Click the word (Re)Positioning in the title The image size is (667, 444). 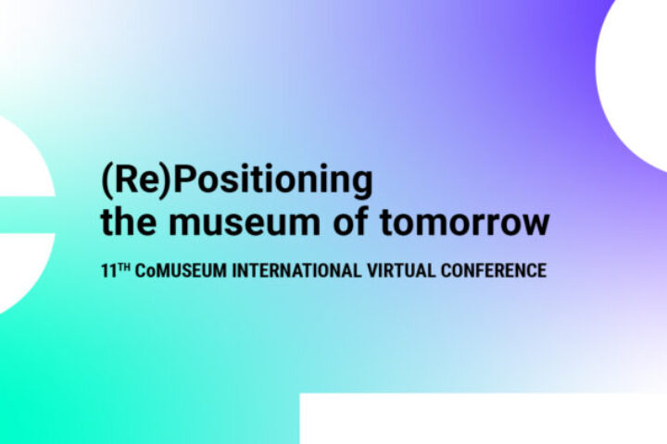pyautogui.click(x=237, y=180)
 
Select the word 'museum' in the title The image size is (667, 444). pyautogui.click(x=244, y=224)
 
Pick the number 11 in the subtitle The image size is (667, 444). pyautogui.click(x=108, y=271)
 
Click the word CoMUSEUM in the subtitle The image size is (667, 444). pyautogui.click(x=181, y=271)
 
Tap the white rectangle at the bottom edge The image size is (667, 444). pyautogui.click(x=484, y=418)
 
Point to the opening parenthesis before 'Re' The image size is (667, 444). pyautogui.click(x=106, y=181)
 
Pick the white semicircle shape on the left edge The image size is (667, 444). pyautogui.click(x=26, y=215)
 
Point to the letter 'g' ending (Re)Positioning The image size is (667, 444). pyautogui.click(x=363, y=185)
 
